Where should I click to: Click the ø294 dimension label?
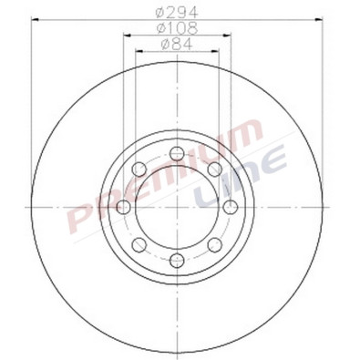[x=176, y=11]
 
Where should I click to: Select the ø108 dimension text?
[x=176, y=27]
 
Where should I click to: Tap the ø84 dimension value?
[x=176, y=43]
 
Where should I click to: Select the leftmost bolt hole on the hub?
[x=123, y=208]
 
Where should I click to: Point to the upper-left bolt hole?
[x=139, y=170]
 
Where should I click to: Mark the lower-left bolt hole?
[x=139, y=245]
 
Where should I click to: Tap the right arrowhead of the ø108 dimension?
[x=229, y=36]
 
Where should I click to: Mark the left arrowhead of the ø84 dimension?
[x=139, y=51]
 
